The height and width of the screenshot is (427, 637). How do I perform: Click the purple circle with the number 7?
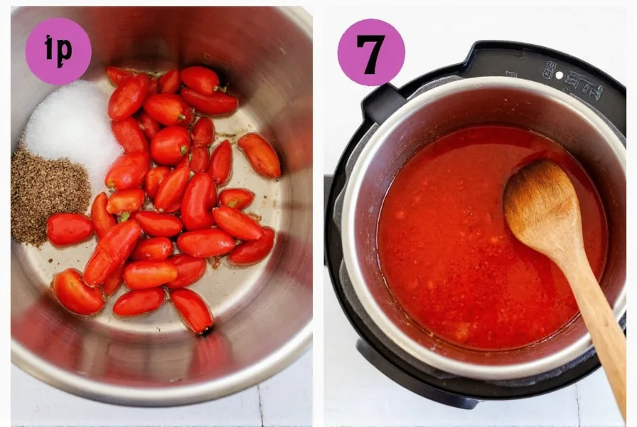[370, 52]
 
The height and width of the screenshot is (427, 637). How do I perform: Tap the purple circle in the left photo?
[58, 51]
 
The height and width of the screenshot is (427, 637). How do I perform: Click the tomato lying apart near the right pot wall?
[259, 155]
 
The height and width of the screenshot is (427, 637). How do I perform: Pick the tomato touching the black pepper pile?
[70, 229]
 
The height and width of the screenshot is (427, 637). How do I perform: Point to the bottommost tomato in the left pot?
[193, 311]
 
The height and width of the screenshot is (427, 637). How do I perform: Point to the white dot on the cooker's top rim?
[559, 74]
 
